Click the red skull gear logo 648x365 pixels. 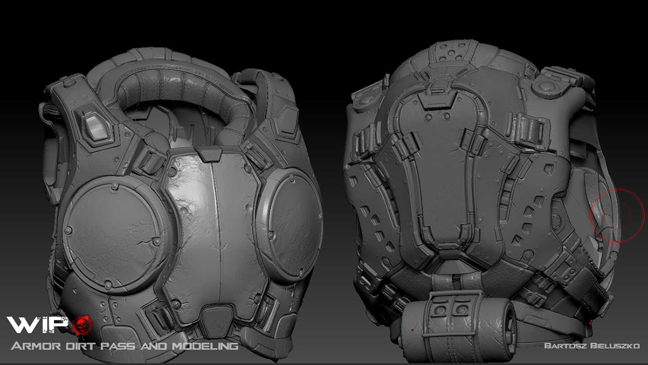coord(82,325)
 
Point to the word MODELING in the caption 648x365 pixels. coord(205,346)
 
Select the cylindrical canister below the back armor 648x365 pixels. coord(459,327)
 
